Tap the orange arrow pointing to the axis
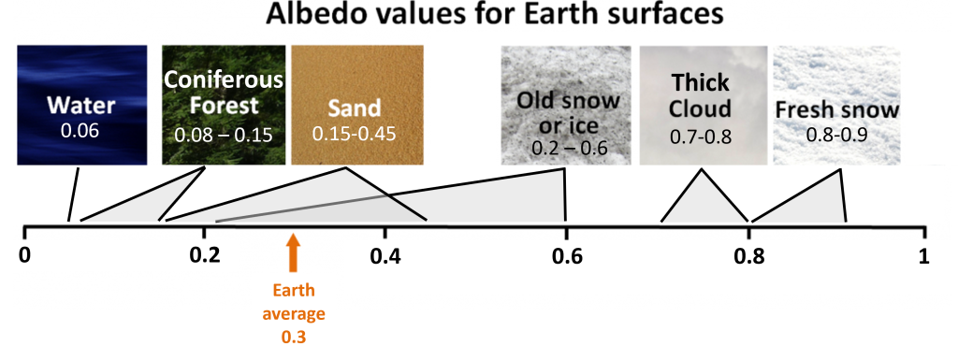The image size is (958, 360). pyautogui.click(x=293, y=250)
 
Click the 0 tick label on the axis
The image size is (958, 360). pyautogui.click(x=26, y=255)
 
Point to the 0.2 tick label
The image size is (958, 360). pyautogui.click(x=203, y=255)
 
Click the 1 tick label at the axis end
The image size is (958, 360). pyautogui.click(x=924, y=255)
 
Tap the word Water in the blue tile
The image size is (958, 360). pyautogui.click(x=81, y=104)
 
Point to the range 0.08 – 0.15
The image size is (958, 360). pyautogui.click(x=223, y=136)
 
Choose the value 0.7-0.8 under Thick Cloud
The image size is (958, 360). pyautogui.click(x=700, y=137)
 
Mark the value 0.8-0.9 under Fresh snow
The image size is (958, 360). pyautogui.click(x=837, y=135)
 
